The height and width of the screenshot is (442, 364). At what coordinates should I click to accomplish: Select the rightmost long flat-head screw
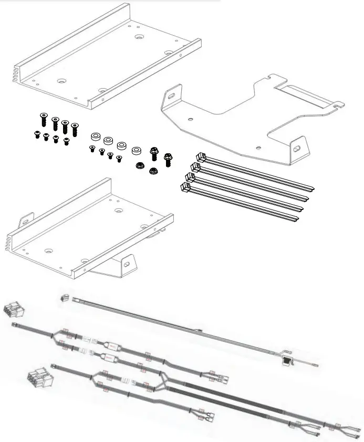(75, 128)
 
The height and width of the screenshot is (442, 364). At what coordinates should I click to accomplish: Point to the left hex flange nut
(140, 166)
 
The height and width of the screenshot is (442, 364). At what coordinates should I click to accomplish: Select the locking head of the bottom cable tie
(184, 186)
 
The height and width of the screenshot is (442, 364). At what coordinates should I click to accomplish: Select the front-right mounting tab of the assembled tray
(127, 262)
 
